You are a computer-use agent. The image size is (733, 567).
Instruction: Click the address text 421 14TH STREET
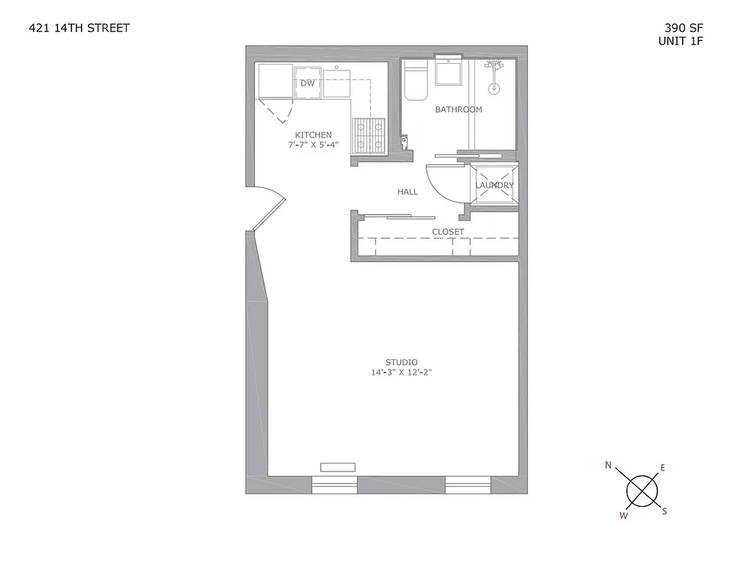pos(79,28)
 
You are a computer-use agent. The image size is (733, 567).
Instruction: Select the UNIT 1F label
pos(681,41)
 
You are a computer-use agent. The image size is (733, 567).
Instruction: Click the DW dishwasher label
pos(307,83)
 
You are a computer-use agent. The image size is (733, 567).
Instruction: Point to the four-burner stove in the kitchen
pos(369,134)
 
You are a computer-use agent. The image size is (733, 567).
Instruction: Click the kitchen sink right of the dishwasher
pos(337,82)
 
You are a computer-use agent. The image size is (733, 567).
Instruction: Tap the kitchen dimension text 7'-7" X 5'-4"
pos(313,145)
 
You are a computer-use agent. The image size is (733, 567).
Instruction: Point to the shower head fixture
pos(494,65)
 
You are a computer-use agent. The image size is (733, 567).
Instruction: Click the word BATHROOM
pos(458,110)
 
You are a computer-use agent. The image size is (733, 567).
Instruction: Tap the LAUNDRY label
pos(494,186)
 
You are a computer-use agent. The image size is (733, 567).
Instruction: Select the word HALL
pos(407,192)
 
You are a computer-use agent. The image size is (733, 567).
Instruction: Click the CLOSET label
pos(448,232)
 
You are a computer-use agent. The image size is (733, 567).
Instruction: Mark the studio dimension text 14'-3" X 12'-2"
pos(401,372)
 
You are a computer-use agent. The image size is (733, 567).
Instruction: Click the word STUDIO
pos(401,362)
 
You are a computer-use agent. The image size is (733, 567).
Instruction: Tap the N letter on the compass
pos(608,466)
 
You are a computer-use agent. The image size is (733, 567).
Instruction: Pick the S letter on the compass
pos(664,511)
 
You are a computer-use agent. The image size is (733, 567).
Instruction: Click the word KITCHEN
pos(313,135)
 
